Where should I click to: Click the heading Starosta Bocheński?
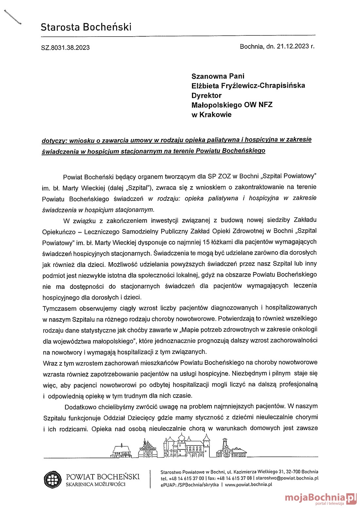pyautogui.click(x=86, y=27)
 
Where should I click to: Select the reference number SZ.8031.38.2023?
pyautogui.click(x=65, y=48)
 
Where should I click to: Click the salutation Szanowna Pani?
pyautogui.click(x=218, y=76)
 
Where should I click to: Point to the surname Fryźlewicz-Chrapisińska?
pyautogui.click(x=265, y=86)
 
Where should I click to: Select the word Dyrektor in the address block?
pyautogui.click(x=206, y=96)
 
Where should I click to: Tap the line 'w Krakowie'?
pyautogui.click(x=211, y=115)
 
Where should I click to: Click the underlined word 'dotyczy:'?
pyautogui.click(x=54, y=141)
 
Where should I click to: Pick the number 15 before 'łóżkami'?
pyautogui.click(x=206, y=242)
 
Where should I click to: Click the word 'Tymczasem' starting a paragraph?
pyautogui.click(x=59, y=308)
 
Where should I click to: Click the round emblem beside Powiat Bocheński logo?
pyautogui.click(x=53, y=480)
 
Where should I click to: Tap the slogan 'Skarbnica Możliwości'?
pyautogui.click(x=96, y=484)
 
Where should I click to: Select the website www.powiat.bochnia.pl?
pyautogui.click(x=248, y=485)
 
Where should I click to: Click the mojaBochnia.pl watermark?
pyautogui.click(x=320, y=498)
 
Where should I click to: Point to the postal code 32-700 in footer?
pyautogui.click(x=293, y=472)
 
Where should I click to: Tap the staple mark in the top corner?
pyautogui.click(x=13, y=17)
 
